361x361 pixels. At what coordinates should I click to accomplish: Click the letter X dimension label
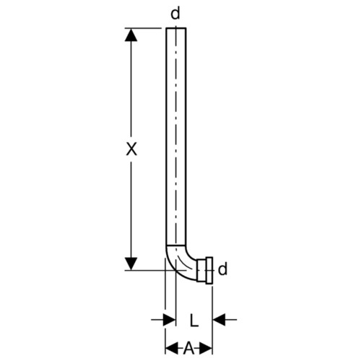(131, 149)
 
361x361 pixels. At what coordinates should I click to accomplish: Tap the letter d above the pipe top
(175, 14)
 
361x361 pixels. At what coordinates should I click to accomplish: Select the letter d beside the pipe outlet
(222, 269)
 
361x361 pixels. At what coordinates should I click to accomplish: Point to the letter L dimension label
(194, 320)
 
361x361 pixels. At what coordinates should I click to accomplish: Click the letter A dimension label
(188, 348)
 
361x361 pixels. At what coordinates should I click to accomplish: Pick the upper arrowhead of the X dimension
(131, 35)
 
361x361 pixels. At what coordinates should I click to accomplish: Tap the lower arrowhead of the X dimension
(131, 264)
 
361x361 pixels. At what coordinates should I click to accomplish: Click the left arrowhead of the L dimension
(170, 320)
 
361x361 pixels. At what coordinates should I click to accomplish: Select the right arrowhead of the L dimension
(219, 320)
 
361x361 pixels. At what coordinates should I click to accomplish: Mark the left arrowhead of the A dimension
(171, 348)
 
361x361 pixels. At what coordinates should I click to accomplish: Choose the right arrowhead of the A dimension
(206, 348)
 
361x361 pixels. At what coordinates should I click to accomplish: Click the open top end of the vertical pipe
(176, 28)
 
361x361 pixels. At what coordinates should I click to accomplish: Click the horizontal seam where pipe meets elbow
(176, 245)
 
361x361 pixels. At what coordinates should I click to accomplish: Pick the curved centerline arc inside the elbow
(186, 264)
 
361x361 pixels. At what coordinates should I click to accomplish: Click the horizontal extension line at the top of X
(143, 28)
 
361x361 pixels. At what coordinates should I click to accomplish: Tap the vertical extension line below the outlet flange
(212, 320)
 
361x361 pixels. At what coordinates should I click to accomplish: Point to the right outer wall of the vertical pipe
(186, 136)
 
